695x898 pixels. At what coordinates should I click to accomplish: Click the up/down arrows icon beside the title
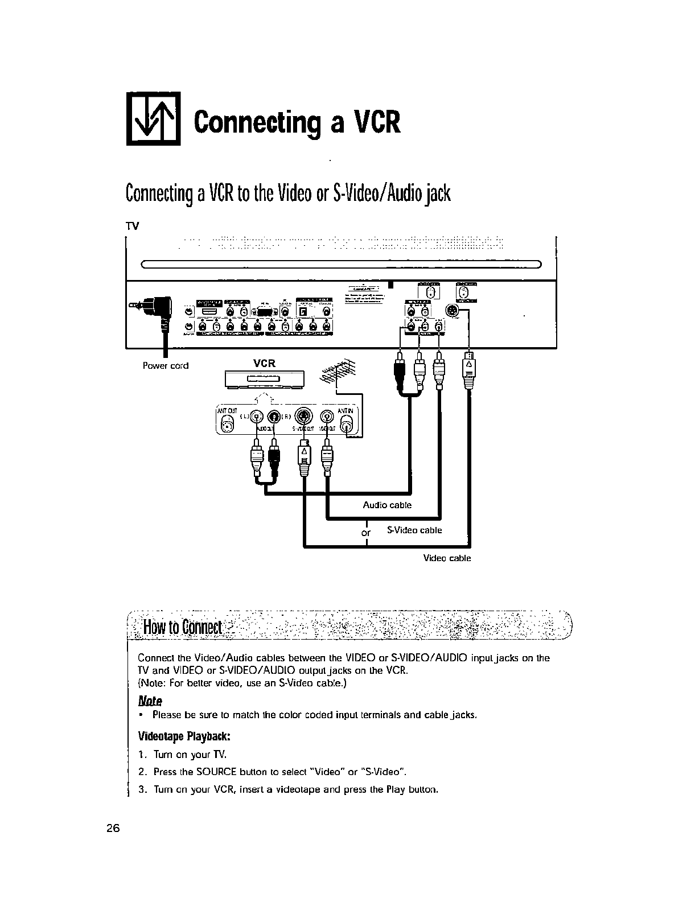tap(153, 118)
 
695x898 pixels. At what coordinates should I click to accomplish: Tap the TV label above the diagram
tap(132, 226)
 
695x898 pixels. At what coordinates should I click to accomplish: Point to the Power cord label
tap(165, 365)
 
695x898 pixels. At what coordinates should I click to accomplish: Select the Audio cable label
tap(387, 505)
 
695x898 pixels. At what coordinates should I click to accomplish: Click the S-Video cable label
tap(414, 530)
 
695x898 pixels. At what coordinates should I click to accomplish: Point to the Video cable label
tap(447, 558)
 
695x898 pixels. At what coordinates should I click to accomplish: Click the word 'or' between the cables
tap(366, 534)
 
